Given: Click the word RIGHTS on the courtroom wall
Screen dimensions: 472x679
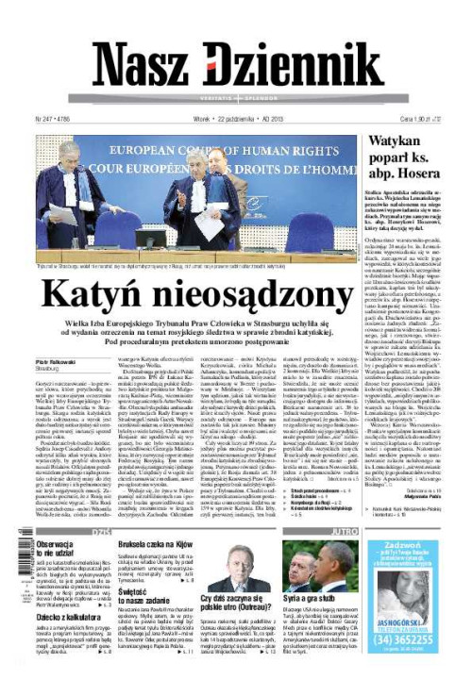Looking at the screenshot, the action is coord(316,151).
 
